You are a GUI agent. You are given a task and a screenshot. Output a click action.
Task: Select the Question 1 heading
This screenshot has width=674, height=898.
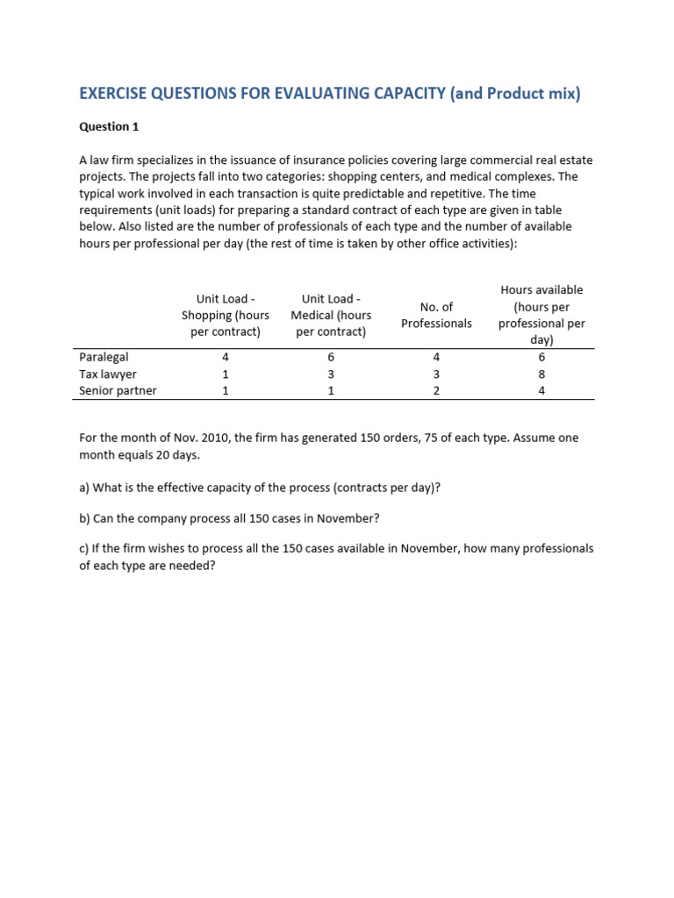click(109, 126)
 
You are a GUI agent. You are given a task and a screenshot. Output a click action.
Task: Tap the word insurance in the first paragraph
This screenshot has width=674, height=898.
click(344, 160)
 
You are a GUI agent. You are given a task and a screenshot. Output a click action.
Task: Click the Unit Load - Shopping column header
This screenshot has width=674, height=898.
click(226, 316)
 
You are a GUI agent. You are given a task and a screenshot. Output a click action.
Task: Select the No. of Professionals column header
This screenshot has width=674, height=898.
click(436, 315)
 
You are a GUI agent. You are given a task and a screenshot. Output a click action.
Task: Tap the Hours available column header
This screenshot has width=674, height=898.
click(541, 315)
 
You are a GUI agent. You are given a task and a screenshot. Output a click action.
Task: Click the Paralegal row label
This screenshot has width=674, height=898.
click(104, 357)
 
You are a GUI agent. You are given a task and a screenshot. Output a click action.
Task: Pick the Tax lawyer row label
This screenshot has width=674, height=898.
click(108, 374)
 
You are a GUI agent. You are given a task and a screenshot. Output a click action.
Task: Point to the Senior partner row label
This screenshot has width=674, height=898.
click(118, 390)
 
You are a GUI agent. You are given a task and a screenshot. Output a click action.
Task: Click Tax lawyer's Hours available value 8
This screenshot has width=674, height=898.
click(541, 374)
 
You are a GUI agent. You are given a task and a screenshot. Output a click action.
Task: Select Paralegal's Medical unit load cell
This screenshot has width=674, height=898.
click(331, 357)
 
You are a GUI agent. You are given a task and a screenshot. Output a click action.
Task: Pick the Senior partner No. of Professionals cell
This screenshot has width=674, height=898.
click(436, 390)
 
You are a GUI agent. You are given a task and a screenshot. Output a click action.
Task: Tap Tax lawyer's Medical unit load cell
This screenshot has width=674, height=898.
click(331, 374)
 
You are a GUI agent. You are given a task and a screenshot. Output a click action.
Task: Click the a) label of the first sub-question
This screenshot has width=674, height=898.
click(84, 488)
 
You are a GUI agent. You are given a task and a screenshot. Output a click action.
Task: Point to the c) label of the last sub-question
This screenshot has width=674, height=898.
click(84, 548)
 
